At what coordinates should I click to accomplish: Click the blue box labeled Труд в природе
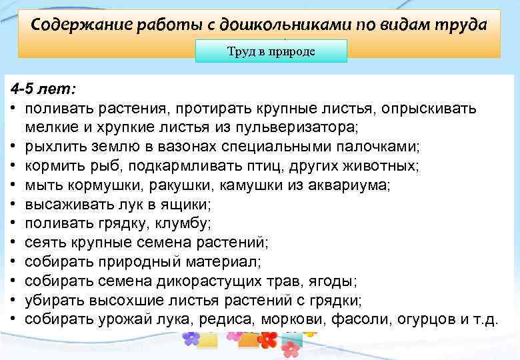coord(271,51)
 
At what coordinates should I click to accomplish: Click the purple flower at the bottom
coord(192,338)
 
